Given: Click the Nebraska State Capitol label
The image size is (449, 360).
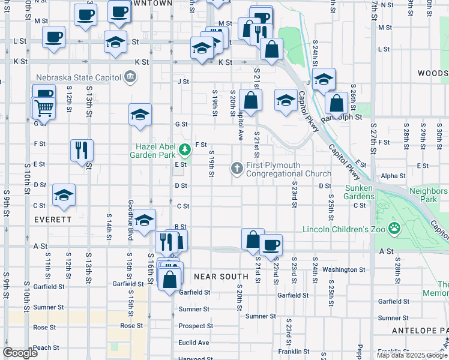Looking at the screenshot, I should pyautogui.click(x=78, y=77).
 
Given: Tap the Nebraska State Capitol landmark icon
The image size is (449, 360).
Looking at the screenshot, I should pyautogui.click(x=129, y=77).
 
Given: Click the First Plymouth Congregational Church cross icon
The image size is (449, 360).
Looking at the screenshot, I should pyautogui.click(x=237, y=169).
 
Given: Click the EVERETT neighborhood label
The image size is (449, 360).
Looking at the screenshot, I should pyautogui.click(x=53, y=220).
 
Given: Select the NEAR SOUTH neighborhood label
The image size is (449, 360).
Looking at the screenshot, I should pyautogui.click(x=221, y=277).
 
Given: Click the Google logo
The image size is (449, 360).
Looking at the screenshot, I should pyautogui.click(x=20, y=353).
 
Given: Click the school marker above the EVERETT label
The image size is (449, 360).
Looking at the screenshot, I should pyautogui.click(x=64, y=194).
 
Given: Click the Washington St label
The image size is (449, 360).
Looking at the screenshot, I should pyautogui.click(x=344, y=270).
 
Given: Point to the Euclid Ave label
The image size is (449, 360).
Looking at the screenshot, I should pyautogui.click(x=194, y=343).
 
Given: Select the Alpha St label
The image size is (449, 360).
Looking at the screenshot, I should pyautogui.click(x=393, y=176).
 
